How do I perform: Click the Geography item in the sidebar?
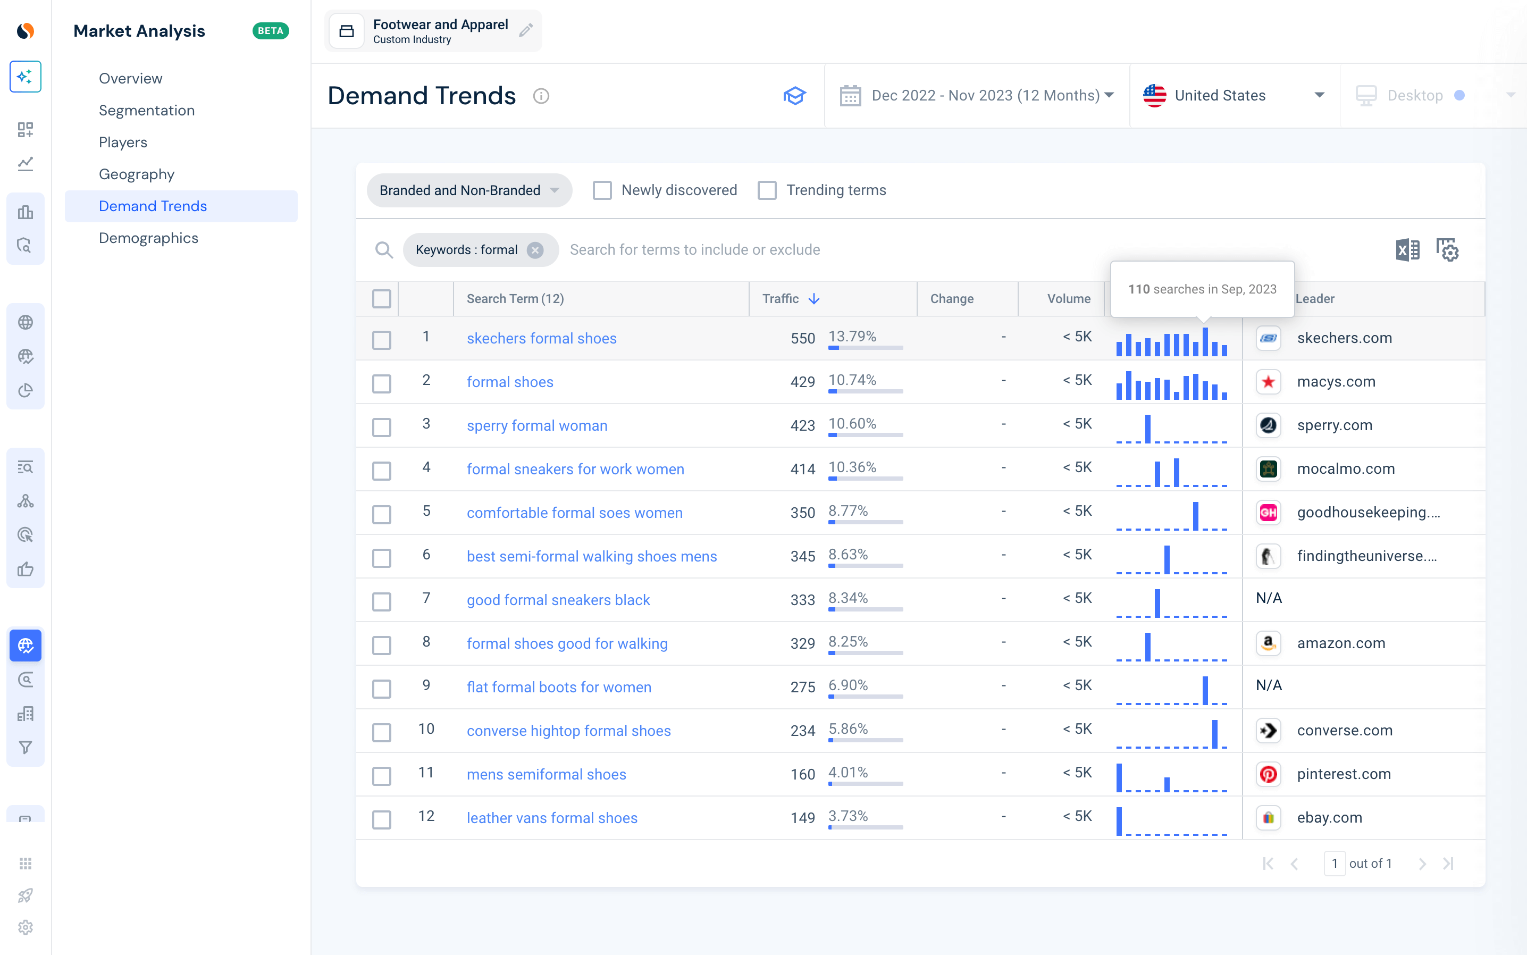click(x=137, y=174)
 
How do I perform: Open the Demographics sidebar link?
click(x=148, y=238)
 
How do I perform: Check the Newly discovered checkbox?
click(x=602, y=190)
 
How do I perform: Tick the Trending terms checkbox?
click(x=767, y=190)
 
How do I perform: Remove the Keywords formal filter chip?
click(x=535, y=250)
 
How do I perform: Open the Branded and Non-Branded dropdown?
click(x=469, y=190)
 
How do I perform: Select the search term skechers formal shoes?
click(x=541, y=339)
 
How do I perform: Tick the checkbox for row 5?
click(x=381, y=514)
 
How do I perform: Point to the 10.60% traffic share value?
click(x=852, y=424)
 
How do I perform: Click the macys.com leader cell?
click(x=1336, y=381)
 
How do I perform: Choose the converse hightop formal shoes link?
click(x=568, y=731)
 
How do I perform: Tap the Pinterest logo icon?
click(x=1268, y=774)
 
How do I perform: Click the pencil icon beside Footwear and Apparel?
click(x=526, y=30)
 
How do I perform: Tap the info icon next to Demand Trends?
click(x=541, y=96)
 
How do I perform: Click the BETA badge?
click(x=270, y=31)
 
